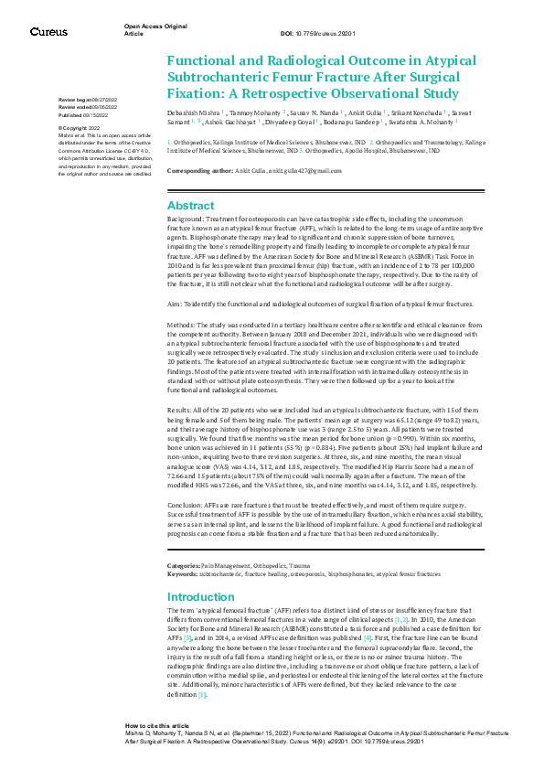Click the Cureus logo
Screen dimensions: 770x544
(x=48, y=31)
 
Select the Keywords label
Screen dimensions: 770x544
(x=182, y=549)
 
